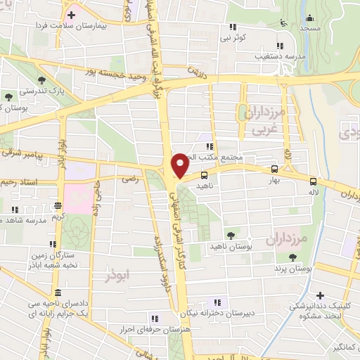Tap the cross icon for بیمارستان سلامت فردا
point(72,14)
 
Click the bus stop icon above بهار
point(274,169)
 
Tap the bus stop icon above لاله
point(313,180)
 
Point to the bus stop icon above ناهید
point(204,175)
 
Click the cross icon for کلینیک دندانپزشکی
point(321,295)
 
